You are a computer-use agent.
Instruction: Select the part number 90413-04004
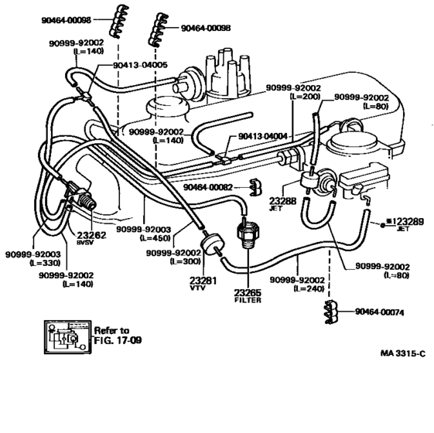[x=262, y=136]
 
